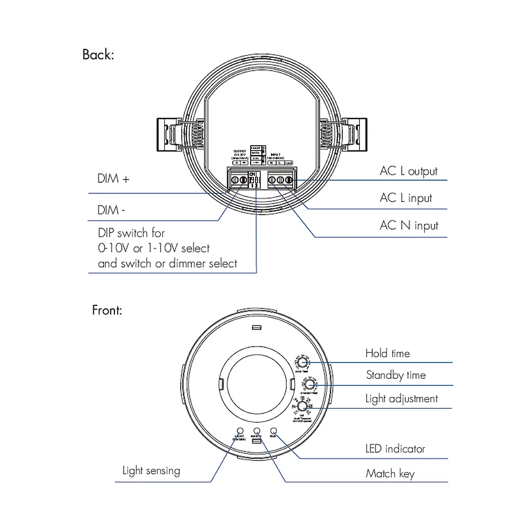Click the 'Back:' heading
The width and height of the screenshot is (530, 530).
tap(98, 55)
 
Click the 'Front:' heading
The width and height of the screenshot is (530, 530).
tap(107, 310)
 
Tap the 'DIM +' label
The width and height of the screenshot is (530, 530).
tap(113, 179)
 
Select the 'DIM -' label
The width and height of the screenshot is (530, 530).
tap(111, 210)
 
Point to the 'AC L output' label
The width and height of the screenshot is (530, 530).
tap(409, 171)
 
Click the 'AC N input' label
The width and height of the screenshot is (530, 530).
tap(409, 225)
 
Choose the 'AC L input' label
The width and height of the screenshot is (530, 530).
tap(405, 198)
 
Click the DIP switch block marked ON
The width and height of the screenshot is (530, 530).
tap(254, 180)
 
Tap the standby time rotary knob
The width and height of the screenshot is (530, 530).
tap(307, 385)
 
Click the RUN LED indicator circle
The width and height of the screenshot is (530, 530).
tap(273, 431)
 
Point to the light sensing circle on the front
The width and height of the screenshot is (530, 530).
tap(239, 431)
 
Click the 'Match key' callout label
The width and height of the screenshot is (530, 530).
tap(390, 473)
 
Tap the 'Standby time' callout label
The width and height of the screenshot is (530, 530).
tap(395, 375)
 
